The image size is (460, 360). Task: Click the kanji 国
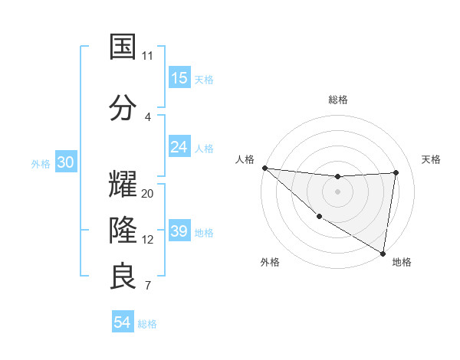123,47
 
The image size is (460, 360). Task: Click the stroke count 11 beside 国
148,56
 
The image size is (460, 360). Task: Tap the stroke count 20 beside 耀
148,194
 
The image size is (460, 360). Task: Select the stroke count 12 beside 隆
148,240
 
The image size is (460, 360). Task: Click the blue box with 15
179,78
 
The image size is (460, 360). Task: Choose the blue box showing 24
179,147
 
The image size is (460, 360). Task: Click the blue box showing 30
66,163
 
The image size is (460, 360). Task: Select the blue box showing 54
123,323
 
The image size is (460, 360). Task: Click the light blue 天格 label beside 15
204,79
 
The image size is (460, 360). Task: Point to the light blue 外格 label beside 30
41,164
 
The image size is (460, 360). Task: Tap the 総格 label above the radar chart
338,100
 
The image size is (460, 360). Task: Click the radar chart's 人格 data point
264,168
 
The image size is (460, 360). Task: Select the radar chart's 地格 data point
382,253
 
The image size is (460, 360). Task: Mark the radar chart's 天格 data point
396,172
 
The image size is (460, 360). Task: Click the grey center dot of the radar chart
337,191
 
